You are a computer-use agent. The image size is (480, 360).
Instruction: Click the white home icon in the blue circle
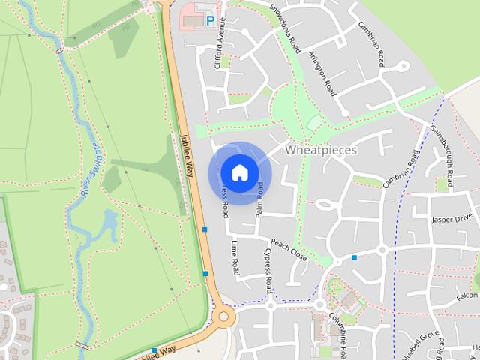[x=239, y=173]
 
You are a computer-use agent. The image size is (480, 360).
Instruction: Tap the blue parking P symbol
[x=210, y=22]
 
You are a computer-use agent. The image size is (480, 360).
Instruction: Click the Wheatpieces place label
[x=321, y=150]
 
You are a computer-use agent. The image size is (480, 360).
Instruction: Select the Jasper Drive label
[x=449, y=220]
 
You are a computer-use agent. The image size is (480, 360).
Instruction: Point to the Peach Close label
[x=289, y=250]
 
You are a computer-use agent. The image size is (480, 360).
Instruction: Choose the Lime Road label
[x=235, y=257]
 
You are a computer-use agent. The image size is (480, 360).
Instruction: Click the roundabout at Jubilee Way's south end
[x=223, y=316]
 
